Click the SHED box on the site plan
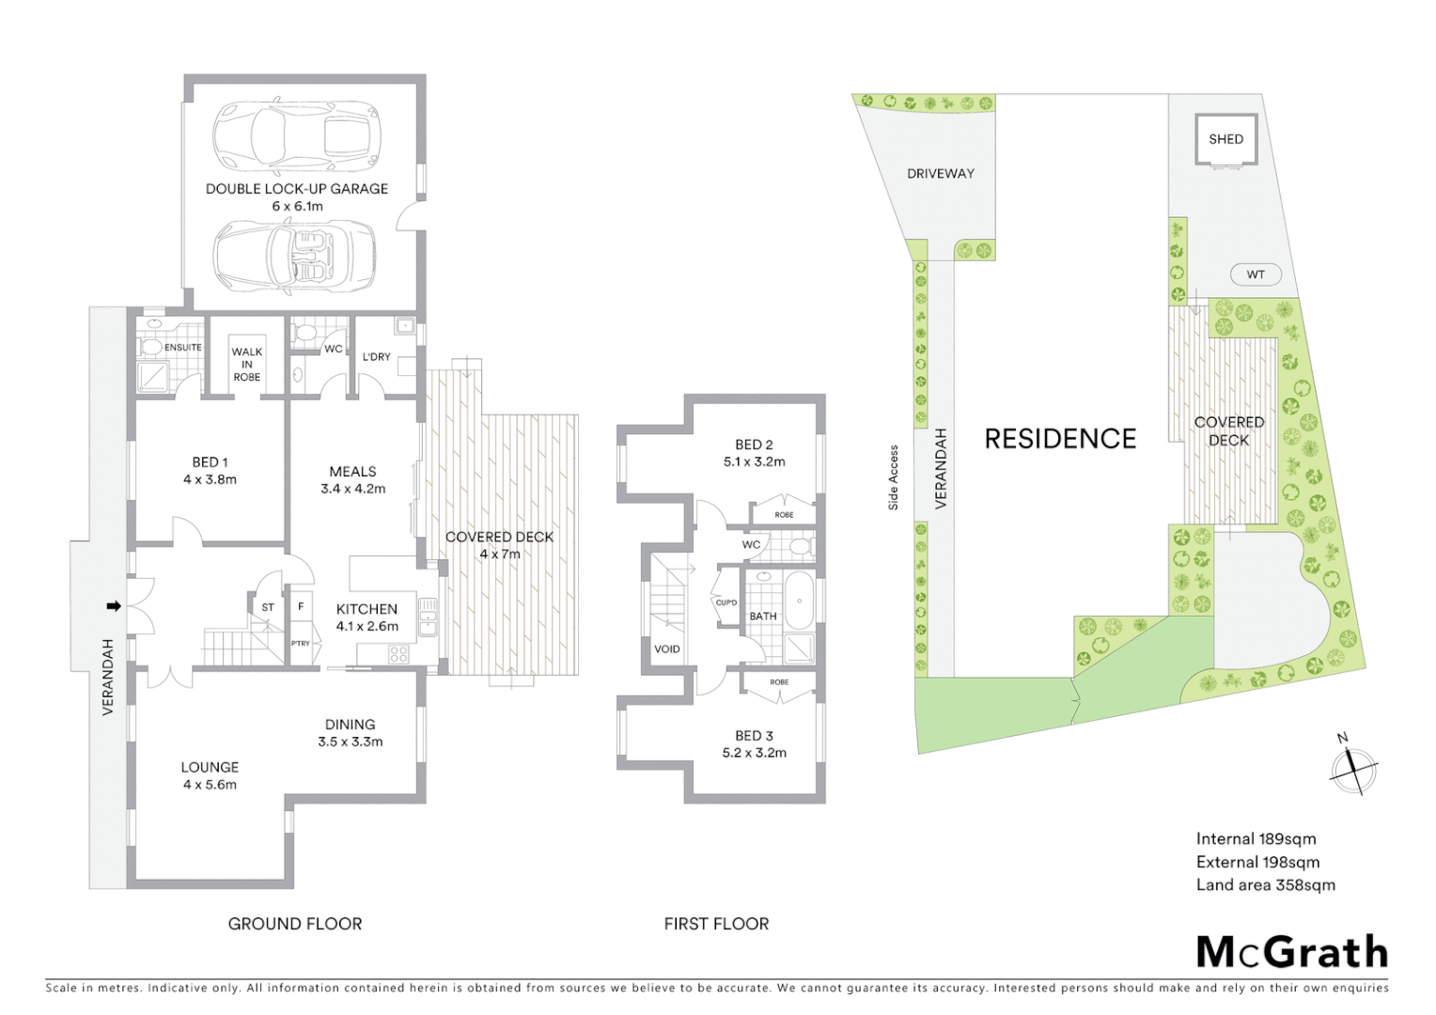[x=1225, y=139]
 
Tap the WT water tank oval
[x=1256, y=274]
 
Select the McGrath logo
[x=1291, y=952]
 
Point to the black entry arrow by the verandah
[x=114, y=606]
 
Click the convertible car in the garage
[x=295, y=256]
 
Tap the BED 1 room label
[x=210, y=461]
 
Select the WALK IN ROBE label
[x=246, y=364]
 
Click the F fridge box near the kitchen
[x=301, y=607]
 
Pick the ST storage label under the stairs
[x=268, y=607]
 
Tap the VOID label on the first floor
[x=666, y=648]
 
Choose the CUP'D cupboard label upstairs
[x=726, y=602]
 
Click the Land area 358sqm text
[x=1265, y=884]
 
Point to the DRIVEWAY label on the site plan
[x=940, y=173]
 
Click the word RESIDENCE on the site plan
[x=1060, y=439]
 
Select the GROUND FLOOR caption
[x=294, y=924]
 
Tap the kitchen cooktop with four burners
[x=398, y=652]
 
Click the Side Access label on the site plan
[x=894, y=477]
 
